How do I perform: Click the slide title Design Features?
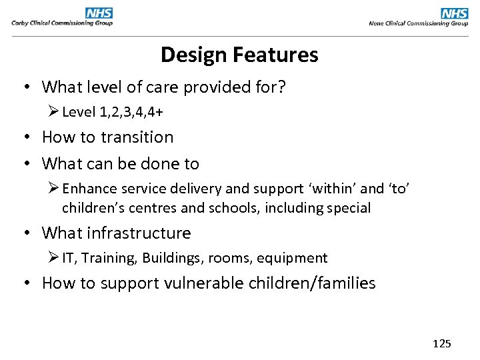239,55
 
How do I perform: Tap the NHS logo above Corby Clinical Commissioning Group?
99,13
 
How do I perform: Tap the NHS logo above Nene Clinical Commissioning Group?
454,13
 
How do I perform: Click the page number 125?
441,344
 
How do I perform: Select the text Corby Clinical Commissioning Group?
62,23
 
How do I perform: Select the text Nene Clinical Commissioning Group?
418,23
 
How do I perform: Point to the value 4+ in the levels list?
155,112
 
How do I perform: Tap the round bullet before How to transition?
27,138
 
